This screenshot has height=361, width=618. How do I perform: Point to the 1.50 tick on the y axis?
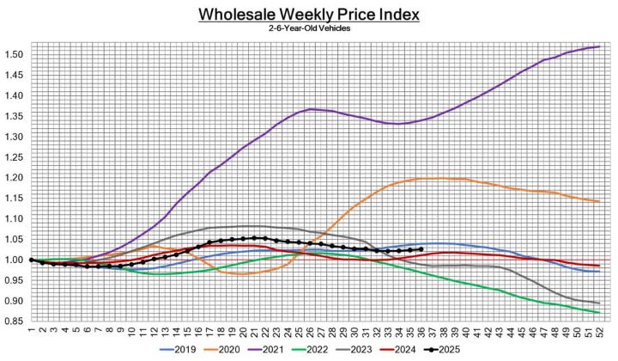[x=13, y=54]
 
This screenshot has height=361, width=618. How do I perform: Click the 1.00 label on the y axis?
[x=13, y=260]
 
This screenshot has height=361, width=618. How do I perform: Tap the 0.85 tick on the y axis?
[x=13, y=321]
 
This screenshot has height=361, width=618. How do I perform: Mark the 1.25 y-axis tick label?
[x=13, y=157]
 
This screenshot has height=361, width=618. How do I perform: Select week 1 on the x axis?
[x=31, y=330]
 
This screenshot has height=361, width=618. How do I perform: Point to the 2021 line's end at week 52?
[x=597, y=46]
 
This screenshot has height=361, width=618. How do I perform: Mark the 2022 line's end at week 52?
[x=597, y=312]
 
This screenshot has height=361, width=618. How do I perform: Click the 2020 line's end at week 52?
[x=597, y=201]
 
